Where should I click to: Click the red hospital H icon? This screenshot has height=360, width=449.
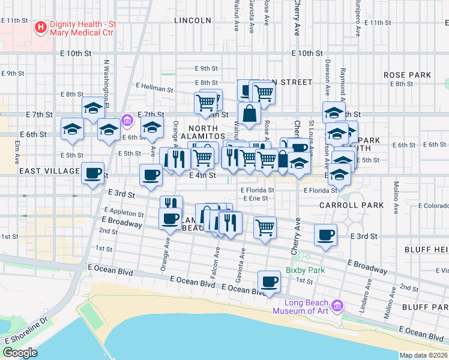40,27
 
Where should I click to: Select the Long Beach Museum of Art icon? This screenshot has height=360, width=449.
336,306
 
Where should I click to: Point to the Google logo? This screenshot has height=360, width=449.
20,353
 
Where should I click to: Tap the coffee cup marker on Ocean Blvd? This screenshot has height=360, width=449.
269,281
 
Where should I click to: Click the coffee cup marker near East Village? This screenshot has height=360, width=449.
92,173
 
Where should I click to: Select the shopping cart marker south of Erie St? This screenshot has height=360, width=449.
265,227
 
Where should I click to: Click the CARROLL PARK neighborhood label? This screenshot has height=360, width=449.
351,205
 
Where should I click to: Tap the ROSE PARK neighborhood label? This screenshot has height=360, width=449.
408,75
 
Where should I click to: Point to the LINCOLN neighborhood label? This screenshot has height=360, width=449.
193,20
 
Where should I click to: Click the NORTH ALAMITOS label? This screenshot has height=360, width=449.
207,133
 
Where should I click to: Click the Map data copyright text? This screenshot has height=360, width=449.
424,355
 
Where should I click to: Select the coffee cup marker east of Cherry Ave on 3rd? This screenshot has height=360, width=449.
325,235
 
